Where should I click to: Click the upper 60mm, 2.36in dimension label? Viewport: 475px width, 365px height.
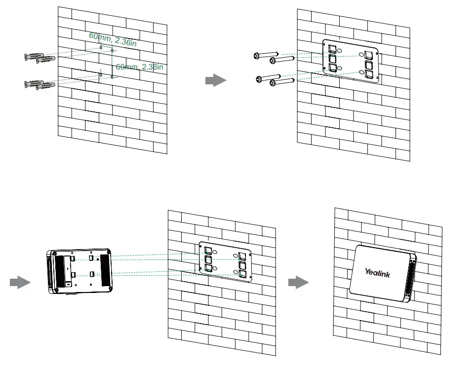coord(112,39)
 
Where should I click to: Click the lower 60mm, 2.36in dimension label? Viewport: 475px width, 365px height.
coord(139,67)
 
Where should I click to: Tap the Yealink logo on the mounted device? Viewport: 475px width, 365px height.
coord(377,272)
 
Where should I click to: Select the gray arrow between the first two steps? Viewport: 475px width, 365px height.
coord(215,81)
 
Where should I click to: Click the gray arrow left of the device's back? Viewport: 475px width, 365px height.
coord(20,283)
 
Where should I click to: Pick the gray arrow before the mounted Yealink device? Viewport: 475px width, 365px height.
coord(298,283)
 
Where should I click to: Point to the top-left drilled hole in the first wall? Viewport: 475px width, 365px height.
coord(101,47)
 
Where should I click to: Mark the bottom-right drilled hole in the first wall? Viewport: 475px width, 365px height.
coord(112,77)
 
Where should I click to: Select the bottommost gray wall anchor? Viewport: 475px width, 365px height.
coord(44,85)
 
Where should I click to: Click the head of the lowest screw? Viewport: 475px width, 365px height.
coord(272,83)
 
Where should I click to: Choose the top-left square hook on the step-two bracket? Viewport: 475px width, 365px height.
coord(333,48)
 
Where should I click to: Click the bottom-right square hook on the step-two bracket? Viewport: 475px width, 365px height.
coord(369,74)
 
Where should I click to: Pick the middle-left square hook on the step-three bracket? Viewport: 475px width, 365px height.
coord(208,259)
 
